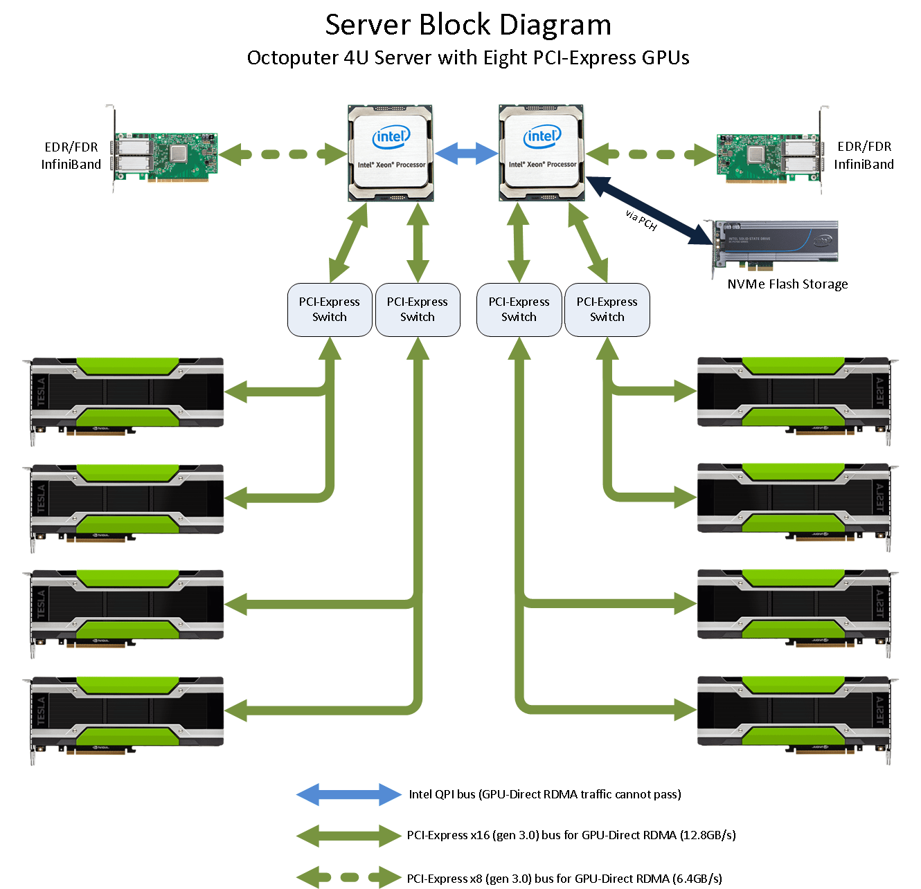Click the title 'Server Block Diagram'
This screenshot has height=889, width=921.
468,26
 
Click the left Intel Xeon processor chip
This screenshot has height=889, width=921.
391,153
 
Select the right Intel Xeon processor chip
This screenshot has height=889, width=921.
542,153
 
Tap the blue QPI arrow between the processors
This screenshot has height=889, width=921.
466,153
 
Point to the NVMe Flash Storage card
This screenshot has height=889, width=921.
776,243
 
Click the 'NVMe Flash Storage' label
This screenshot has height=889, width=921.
787,284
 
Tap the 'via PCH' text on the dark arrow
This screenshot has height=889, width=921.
641,220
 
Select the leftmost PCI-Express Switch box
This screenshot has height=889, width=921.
330,310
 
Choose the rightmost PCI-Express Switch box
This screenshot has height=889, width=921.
607,310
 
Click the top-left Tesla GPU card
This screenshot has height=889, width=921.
127,396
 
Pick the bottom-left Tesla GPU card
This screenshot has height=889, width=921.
127,715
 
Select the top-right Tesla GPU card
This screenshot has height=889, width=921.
794,396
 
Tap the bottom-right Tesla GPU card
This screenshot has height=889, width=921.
794,715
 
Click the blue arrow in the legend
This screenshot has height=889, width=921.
348,795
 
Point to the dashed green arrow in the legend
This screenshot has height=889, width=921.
348,877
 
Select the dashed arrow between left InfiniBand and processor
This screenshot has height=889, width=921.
283,154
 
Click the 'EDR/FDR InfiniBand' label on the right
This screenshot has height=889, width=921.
864,156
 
